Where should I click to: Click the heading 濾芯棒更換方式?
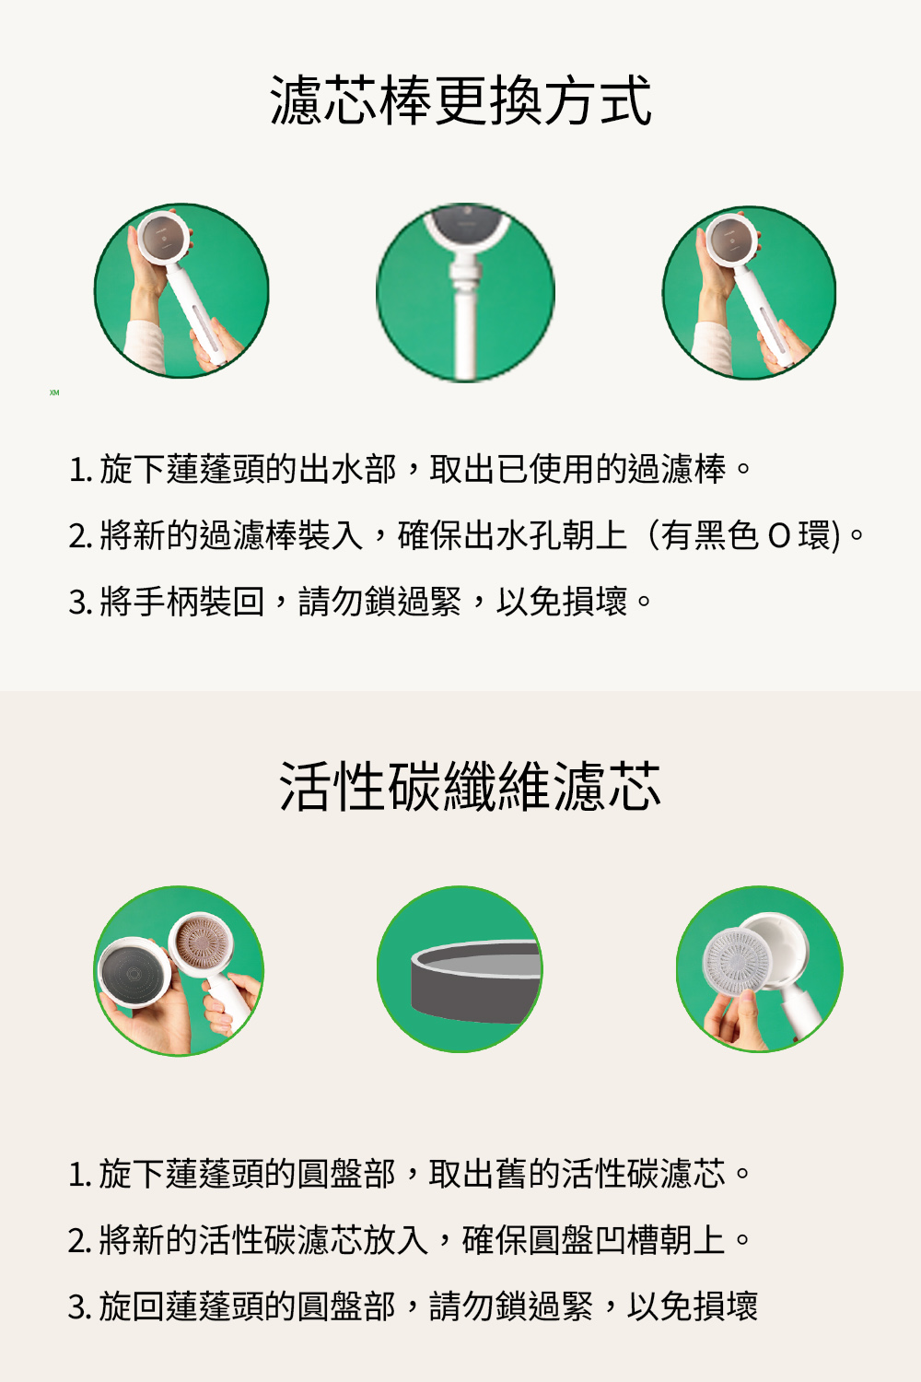pos(460,100)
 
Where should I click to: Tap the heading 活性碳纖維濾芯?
pos(470,785)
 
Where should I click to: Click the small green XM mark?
pos(54,392)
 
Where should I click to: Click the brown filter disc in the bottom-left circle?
pos(201,944)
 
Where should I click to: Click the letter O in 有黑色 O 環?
pos(778,536)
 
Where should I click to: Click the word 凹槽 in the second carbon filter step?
pos(626,1240)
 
